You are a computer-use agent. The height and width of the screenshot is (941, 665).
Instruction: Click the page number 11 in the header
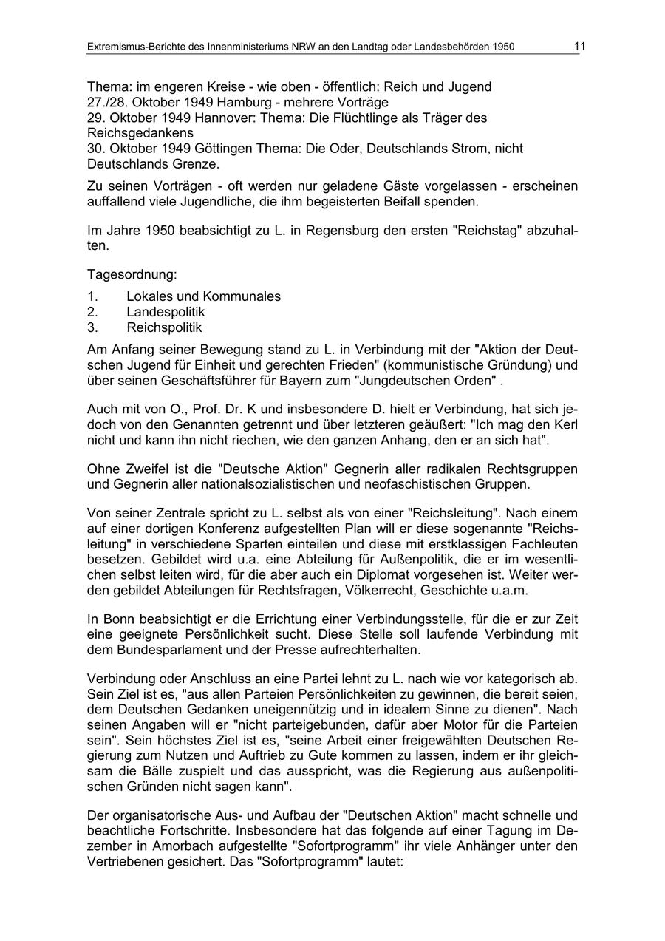click(x=579, y=46)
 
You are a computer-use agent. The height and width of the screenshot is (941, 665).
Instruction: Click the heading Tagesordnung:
click(x=132, y=274)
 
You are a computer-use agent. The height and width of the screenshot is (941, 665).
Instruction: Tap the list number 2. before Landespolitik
click(x=92, y=312)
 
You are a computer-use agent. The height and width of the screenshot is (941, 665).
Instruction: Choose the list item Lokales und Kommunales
click(x=203, y=296)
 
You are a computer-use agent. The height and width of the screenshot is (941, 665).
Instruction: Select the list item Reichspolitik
click(x=164, y=327)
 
